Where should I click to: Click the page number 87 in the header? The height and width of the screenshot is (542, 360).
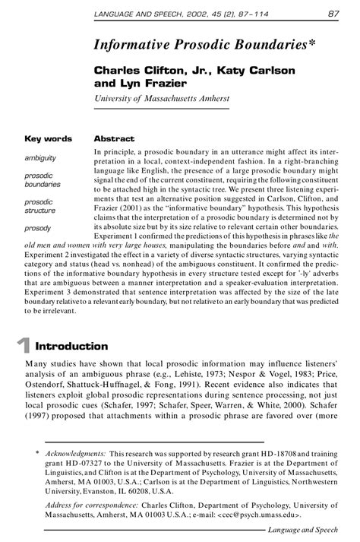[333, 13]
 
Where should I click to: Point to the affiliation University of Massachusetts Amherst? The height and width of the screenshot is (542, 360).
[161, 99]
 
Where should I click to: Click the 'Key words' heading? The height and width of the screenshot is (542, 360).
[48, 139]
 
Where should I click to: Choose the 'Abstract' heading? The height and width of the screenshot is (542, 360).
[114, 139]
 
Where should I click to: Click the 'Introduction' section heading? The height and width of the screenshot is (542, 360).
[71, 346]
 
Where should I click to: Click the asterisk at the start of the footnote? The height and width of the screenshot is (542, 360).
[37, 453]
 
